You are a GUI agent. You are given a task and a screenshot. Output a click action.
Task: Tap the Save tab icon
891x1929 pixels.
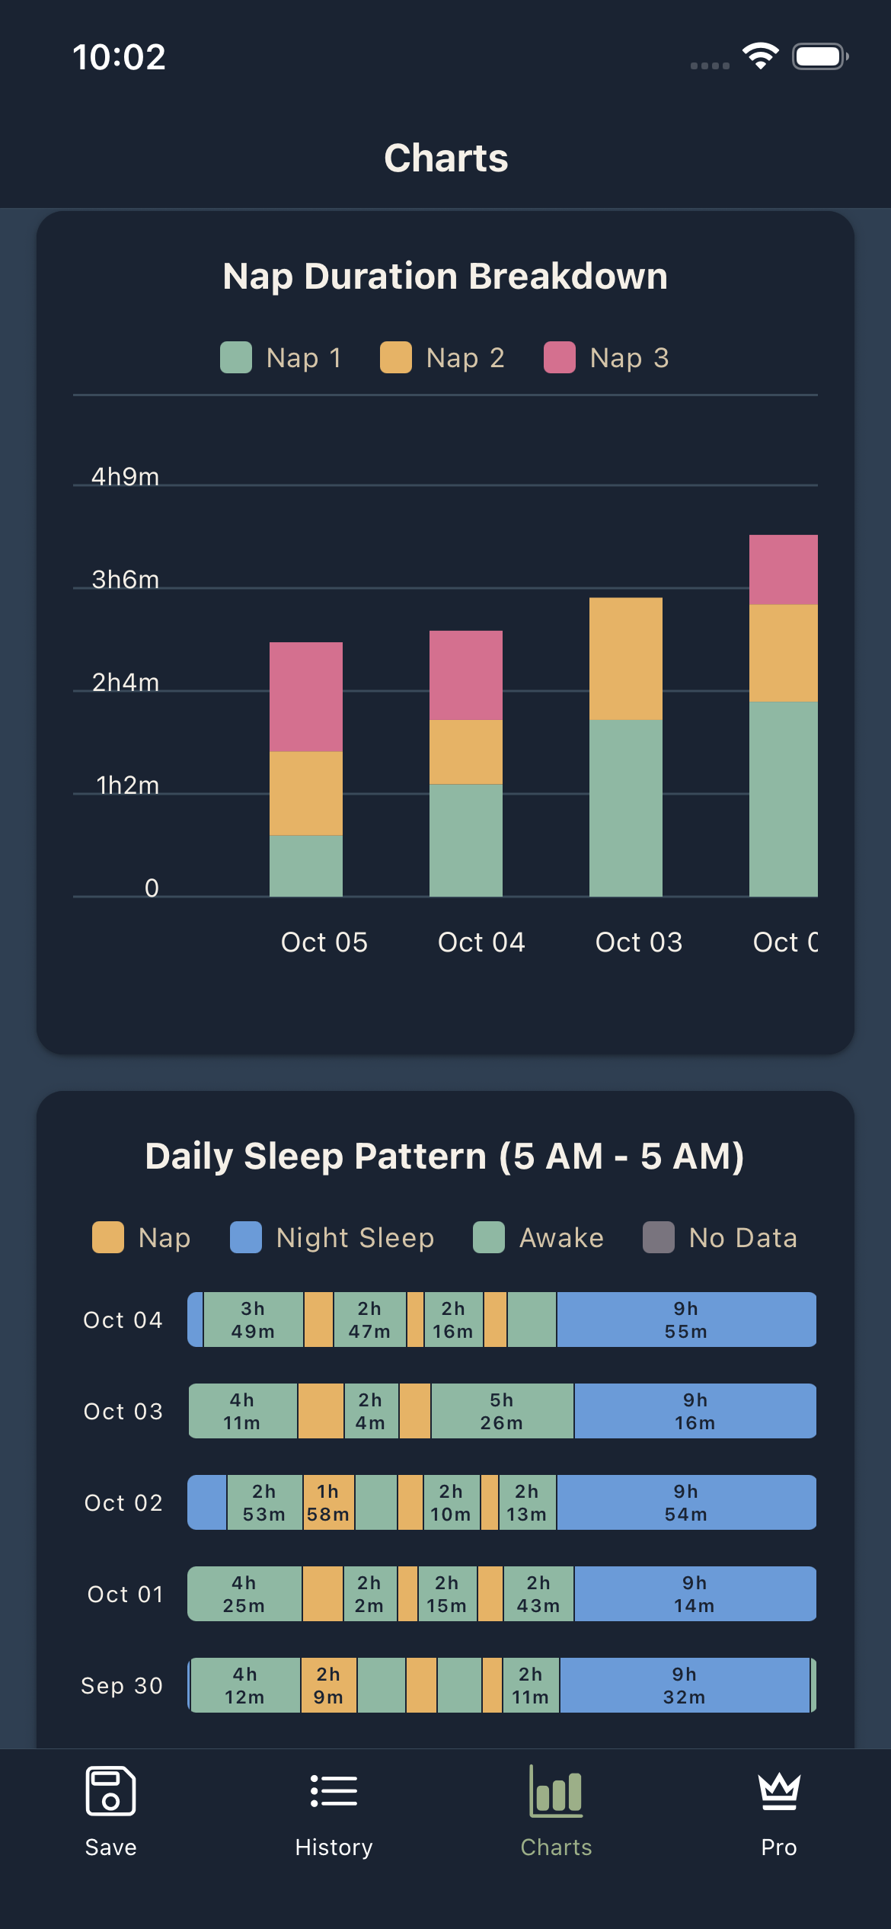pos(110,1791)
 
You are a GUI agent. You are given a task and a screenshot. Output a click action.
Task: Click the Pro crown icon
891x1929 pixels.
pos(778,1791)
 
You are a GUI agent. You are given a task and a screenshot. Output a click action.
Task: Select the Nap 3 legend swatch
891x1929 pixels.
pos(559,358)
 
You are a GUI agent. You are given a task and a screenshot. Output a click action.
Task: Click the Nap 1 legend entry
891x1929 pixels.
pos(281,358)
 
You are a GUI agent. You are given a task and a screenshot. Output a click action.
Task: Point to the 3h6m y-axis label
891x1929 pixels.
pos(126,580)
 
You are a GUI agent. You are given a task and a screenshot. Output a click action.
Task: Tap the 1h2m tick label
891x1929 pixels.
pos(128,785)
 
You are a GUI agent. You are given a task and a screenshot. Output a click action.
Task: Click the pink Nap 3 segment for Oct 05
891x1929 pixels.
pos(306,697)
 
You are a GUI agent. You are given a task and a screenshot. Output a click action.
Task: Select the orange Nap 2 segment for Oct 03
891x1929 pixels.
pos(626,659)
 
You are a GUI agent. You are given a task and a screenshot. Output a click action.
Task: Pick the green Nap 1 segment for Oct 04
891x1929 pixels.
pos(466,840)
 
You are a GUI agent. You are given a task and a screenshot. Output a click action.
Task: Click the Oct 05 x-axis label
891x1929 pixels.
pos(324,942)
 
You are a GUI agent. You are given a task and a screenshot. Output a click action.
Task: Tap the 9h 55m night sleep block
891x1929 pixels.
pos(686,1320)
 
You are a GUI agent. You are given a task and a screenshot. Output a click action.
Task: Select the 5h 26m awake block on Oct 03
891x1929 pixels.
pos(502,1411)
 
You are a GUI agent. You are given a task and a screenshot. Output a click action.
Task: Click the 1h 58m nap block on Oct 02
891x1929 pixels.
pos(328,1502)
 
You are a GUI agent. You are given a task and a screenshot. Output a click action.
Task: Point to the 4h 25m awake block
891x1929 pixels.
pos(244,1594)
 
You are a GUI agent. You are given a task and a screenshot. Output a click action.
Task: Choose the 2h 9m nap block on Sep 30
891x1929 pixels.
pos(328,1685)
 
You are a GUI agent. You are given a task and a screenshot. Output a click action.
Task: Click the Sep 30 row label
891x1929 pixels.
pos(122,1686)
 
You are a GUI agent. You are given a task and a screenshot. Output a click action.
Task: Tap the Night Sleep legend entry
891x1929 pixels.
pos(332,1238)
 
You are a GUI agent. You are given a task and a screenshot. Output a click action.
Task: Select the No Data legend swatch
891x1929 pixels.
pos(659,1238)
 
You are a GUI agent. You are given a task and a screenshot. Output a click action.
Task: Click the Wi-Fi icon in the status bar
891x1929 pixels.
pos(761,56)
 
